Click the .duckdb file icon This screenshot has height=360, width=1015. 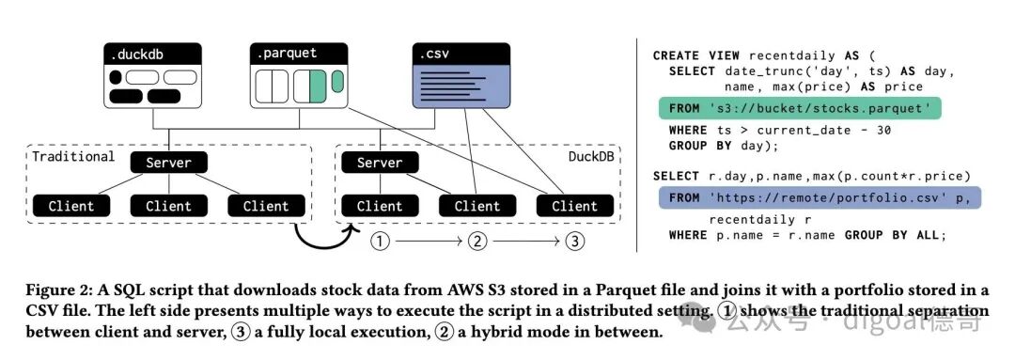[x=153, y=76]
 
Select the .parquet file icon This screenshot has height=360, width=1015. [x=299, y=76]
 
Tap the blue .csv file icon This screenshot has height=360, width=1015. [x=461, y=76]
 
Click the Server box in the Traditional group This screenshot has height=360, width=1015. [x=169, y=162]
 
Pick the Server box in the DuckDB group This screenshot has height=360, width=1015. [x=380, y=162]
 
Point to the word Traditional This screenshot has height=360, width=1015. [x=73, y=157]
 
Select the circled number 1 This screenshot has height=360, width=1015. [x=380, y=242]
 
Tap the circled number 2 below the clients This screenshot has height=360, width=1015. [x=477, y=242]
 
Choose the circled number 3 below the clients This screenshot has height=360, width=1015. [x=574, y=242]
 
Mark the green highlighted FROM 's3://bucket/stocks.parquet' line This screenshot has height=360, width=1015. [x=800, y=108]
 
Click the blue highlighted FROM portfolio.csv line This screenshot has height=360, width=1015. [x=820, y=196]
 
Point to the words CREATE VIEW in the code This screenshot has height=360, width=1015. [x=693, y=55]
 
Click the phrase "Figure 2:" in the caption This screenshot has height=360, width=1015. [x=55, y=289]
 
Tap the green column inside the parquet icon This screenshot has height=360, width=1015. [x=318, y=86]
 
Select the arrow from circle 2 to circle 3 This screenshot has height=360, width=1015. [x=525, y=242]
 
